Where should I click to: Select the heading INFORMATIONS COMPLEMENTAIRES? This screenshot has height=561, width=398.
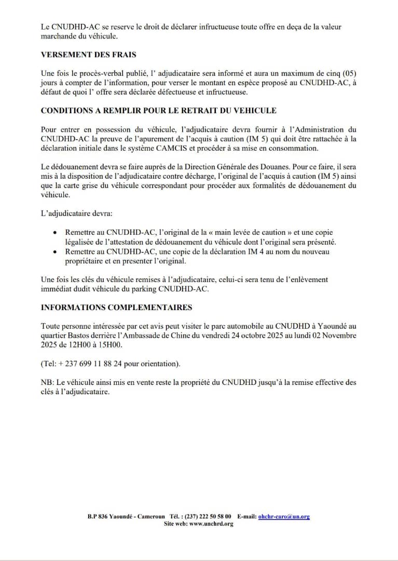pyautogui.click(x=116, y=308)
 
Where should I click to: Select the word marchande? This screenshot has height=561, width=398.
pyautogui.click(x=61, y=36)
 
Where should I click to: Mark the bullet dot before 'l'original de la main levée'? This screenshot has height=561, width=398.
pyautogui.click(x=55, y=233)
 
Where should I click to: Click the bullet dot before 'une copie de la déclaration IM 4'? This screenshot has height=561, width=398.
pyautogui.click(x=55, y=252)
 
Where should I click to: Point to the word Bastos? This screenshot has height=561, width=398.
pyautogui.click(x=74, y=336)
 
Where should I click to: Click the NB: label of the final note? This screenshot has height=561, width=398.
pyautogui.click(x=47, y=382)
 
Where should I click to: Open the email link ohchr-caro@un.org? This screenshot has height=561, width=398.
pyautogui.click(x=284, y=517)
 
